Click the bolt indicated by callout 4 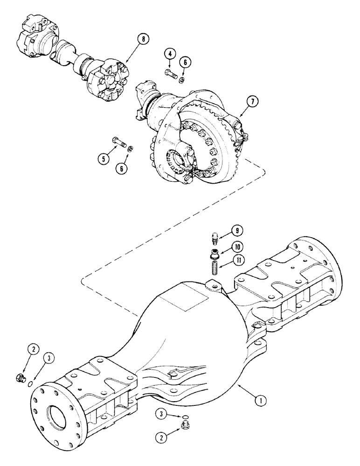point(169,72)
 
